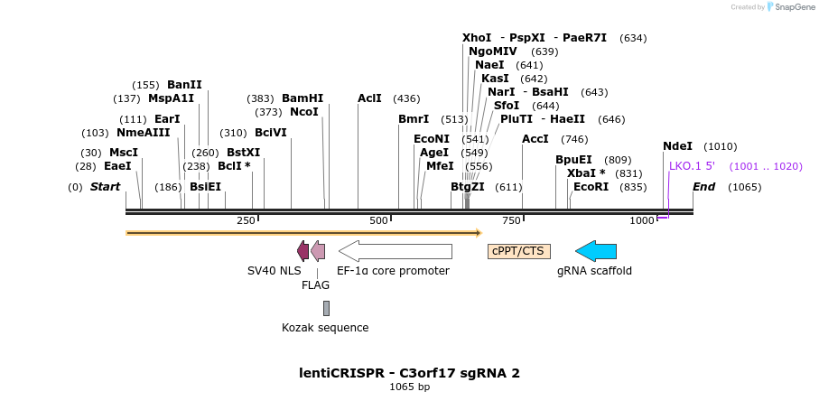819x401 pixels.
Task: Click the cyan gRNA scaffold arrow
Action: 596,251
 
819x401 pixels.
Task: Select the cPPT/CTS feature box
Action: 518,251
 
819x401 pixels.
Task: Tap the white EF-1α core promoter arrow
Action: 396,251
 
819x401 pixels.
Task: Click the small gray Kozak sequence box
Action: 326,308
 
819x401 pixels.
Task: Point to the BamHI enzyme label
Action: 302,98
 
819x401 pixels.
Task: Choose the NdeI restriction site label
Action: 677,146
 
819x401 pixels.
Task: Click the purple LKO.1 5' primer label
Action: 692,166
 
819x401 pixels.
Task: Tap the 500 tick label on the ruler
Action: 378,221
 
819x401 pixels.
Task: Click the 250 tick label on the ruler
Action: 246,221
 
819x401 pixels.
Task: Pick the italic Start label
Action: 105,187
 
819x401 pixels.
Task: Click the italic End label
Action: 703,187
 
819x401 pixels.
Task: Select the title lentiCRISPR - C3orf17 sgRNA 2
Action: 409,373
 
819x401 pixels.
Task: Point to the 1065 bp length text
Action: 409,387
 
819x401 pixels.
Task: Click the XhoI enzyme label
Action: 477,38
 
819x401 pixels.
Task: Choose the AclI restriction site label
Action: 369,98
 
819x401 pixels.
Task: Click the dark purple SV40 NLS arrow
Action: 302,251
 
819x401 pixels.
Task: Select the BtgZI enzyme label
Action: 468,187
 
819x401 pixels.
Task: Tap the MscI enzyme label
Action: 124,153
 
